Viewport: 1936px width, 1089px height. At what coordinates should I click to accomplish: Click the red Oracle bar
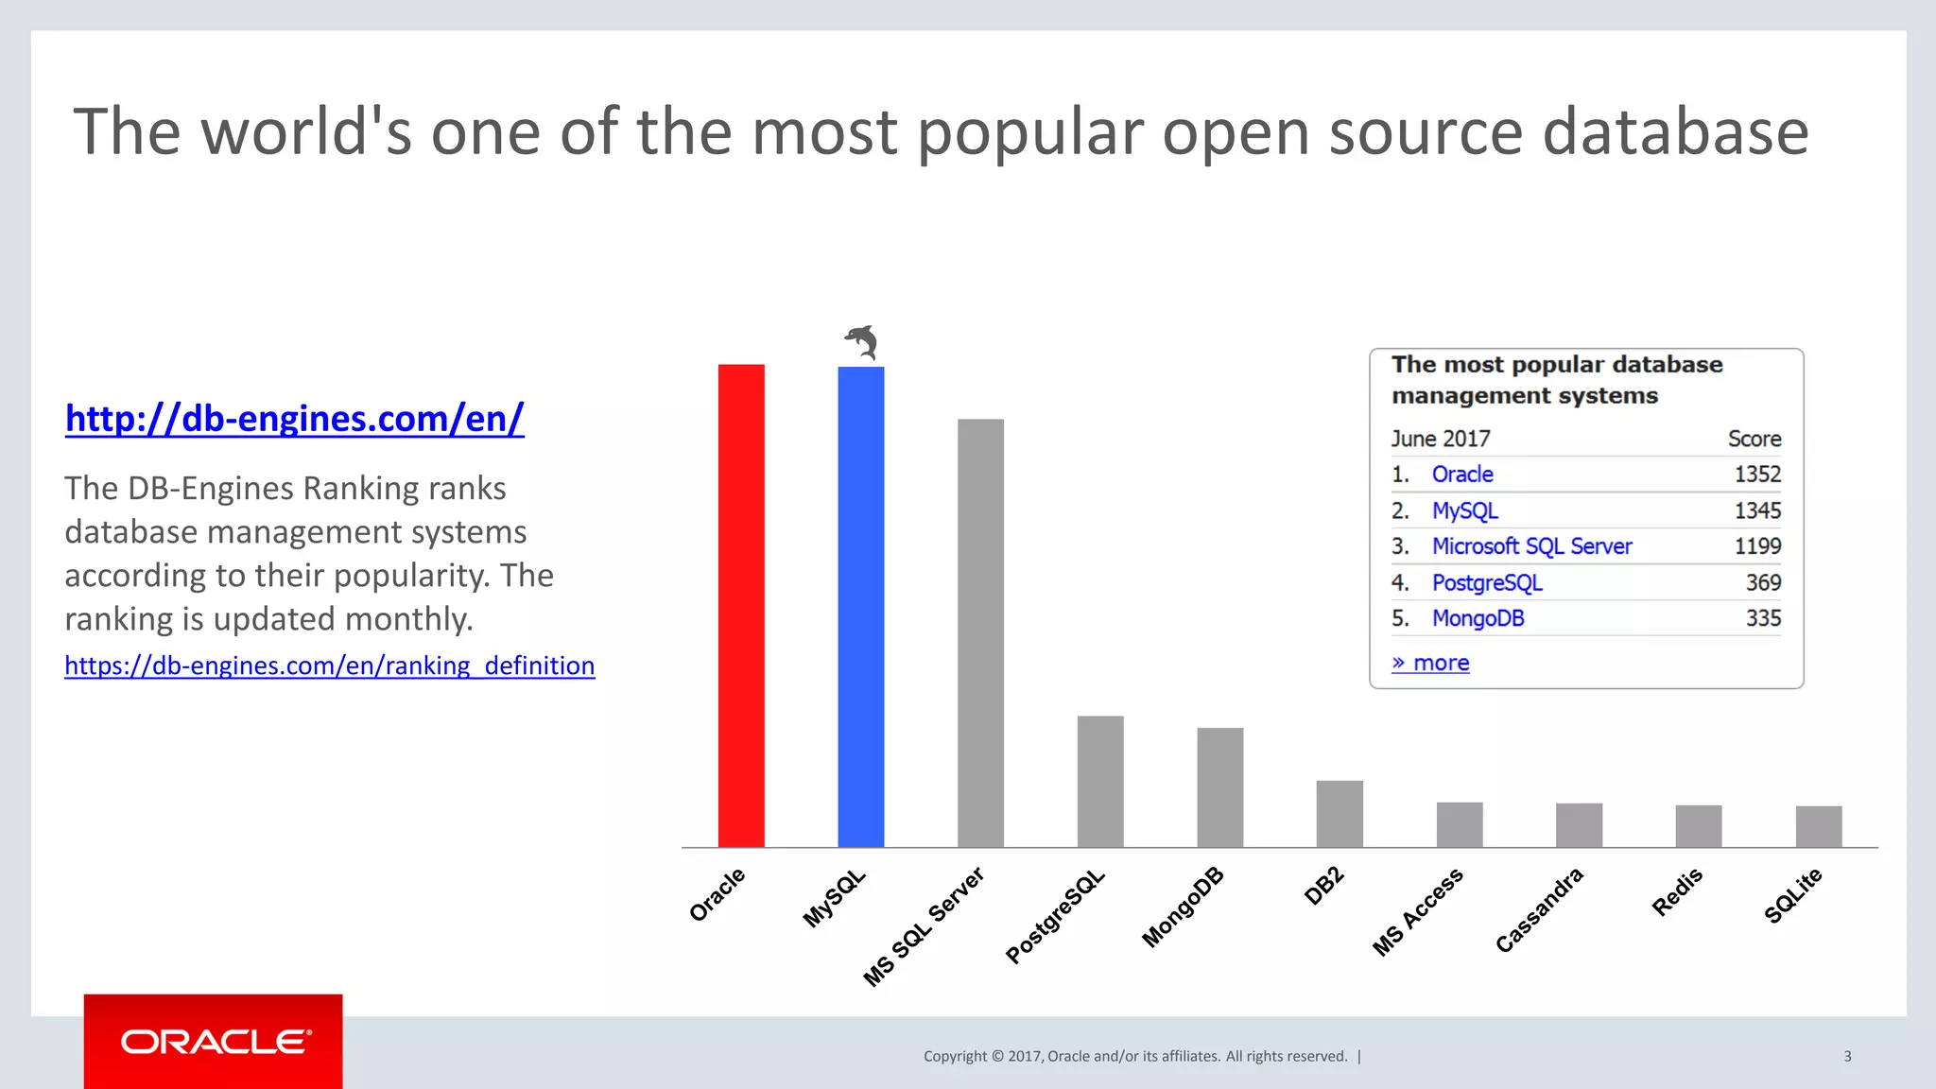click(741, 605)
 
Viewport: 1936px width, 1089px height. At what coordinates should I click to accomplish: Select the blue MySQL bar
click(860, 605)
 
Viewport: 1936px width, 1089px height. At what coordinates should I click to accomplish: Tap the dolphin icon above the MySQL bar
click(861, 341)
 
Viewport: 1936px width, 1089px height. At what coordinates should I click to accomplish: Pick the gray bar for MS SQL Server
click(980, 633)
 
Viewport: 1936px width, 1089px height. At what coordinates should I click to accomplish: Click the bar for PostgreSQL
click(1100, 781)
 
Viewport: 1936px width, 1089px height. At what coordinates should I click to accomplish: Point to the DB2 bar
click(1340, 813)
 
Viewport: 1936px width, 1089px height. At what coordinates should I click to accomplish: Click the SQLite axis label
click(1793, 894)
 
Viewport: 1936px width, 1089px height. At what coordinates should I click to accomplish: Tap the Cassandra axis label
click(1539, 909)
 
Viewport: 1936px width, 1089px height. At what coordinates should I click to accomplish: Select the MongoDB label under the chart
click(1183, 907)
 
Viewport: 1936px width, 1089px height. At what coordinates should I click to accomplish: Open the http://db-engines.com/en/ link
click(294, 418)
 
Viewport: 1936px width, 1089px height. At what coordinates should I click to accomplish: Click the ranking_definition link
click(329, 665)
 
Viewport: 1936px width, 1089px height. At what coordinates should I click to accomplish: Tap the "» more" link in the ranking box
click(1430, 663)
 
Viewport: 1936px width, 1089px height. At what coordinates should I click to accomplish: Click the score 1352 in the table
click(1756, 475)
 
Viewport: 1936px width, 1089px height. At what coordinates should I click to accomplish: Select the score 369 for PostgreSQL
click(1763, 582)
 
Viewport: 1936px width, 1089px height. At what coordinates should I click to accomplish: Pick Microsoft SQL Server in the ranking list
click(1531, 546)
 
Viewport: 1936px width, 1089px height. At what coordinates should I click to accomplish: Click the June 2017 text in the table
click(1440, 439)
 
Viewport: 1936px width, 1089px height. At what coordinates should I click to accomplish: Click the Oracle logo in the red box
click(215, 1042)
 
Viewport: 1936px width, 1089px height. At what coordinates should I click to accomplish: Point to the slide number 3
click(1847, 1056)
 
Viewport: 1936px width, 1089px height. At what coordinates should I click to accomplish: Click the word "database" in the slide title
click(1675, 131)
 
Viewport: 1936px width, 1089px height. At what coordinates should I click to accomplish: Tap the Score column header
click(1754, 439)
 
